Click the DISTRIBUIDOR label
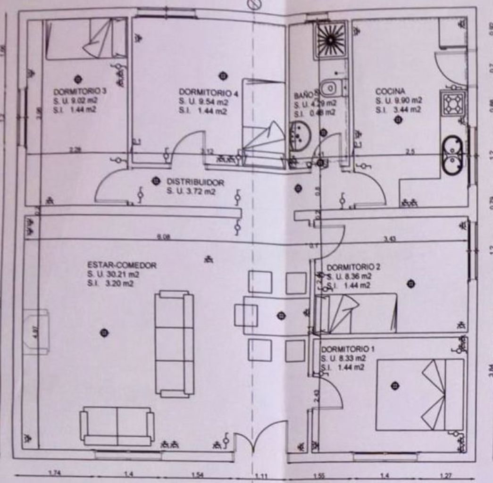click(x=195, y=182)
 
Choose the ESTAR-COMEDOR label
click(x=122, y=265)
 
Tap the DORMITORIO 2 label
click(x=353, y=267)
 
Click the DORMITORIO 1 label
click(x=348, y=350)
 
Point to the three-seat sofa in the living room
click(x=175, y=343)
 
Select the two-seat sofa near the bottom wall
click(x=117, y=425)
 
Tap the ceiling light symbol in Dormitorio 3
click(x=77, y=79)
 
